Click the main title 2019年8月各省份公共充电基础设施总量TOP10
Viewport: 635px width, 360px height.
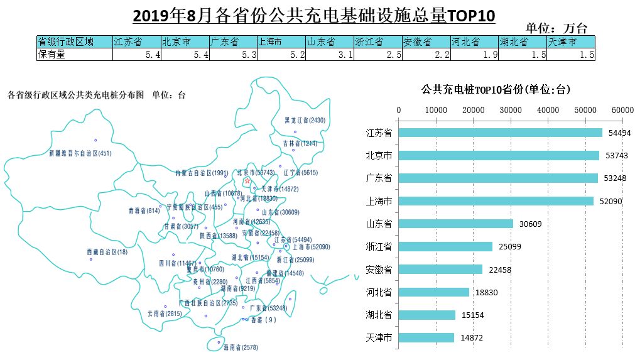[x=314, y=14]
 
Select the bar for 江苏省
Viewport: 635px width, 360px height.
[x=500, y=133]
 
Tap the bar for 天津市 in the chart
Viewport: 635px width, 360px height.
[x=426, y=338]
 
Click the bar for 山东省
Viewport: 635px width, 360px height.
[x=455, y=224]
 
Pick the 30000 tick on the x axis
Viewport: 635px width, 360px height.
[x=511, y=110]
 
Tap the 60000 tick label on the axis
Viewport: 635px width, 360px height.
[x=622, y=110]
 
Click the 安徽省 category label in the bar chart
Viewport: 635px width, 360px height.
[x=379, y=270]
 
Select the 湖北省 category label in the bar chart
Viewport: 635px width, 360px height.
[x=379, y=315]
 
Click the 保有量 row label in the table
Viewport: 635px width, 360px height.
[x=52, y=55]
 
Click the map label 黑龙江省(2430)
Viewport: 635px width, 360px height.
[x=305, y=120]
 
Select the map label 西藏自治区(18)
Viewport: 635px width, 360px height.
[x=107, y=252]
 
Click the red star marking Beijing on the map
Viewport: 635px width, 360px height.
[x=247, y=181]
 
